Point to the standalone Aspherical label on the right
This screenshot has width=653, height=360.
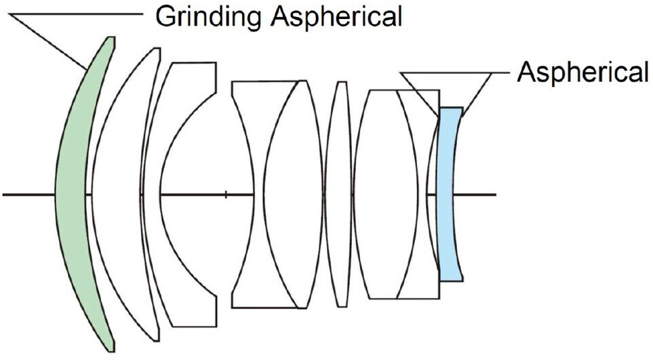pyautogui.click(x=582, y=71)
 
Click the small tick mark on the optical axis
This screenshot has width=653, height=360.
pyautogui.click(x=226, y=195)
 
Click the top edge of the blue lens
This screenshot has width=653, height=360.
pyautogui.click(x=451, y=108)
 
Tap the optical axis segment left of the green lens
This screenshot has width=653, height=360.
pyautogui.click(x=27, y=195)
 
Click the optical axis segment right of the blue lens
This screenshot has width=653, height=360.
pyautogui.click(x=481, y=195)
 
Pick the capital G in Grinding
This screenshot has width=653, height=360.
pyautogui.click(x=165, y=16)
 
